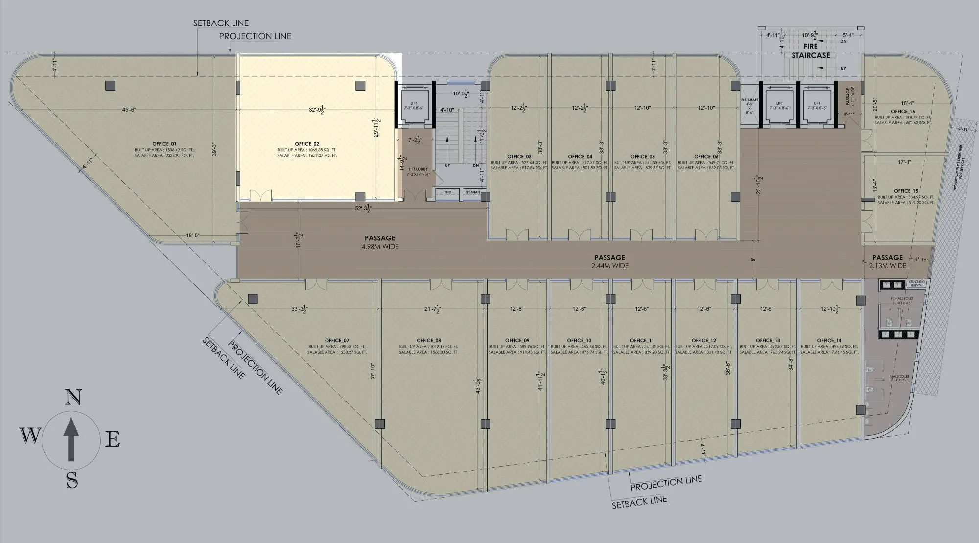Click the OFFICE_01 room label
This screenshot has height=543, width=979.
pos(164,144)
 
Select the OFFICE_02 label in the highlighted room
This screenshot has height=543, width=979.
pos(307,144)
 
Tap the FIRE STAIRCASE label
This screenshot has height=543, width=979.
pos(811,51)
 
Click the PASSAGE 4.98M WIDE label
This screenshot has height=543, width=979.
pos(380,242)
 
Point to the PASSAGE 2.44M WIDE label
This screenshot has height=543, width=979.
pos(609,261)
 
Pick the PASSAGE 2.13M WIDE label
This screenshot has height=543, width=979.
pos(887,261)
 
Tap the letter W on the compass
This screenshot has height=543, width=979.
pos(30,435)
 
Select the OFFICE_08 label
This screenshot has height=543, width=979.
pos(429,340)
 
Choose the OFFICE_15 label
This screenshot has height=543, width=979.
pos(906,191)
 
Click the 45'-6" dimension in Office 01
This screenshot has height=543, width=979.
pos(129,110)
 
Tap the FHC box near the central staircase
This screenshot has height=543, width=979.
pos(447,192)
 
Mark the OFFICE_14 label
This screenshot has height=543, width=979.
pos(829,340)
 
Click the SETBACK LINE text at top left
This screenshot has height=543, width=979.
pos(221,23)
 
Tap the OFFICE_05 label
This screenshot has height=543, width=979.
pos(642,157)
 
